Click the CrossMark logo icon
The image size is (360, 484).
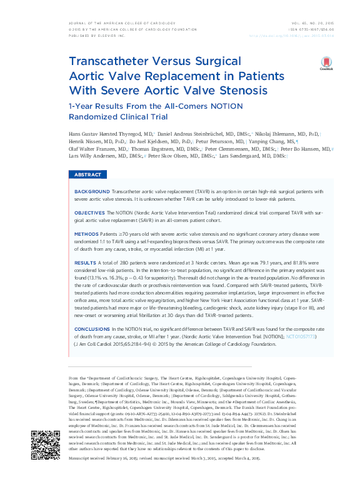[x=326, y=63]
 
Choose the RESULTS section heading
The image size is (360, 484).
[x=86, y=263]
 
